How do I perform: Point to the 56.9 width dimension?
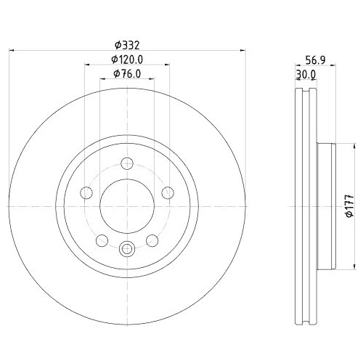pyautogui.click(x=315, y=60)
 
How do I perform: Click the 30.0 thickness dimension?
pyautogui.click(x=306, y=74)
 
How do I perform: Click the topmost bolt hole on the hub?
pyautogui.click(x=127, y=165)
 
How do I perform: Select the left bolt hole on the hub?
pyautogui.click(x=86, y=192)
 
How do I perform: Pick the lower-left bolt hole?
pyautogui.click(x=102, y=240)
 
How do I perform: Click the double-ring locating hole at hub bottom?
pyautogui.click(x=127, y=249)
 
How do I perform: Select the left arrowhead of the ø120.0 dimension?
pyautogui.click(x=87, y=64)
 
